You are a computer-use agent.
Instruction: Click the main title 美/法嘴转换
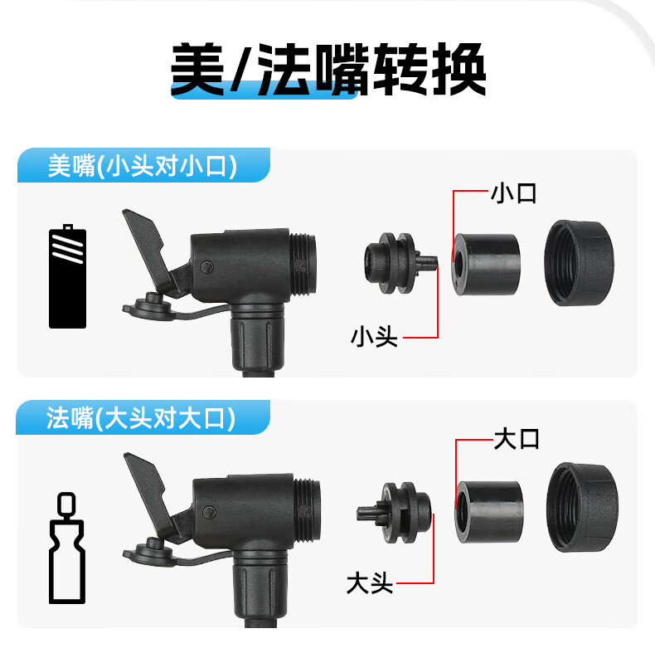click(x=328, y=70)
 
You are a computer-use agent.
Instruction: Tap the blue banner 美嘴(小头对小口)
click(x=143, y=166)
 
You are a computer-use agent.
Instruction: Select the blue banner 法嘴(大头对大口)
click(x=143, y=417)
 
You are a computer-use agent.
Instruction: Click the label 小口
click(x=513, y=193)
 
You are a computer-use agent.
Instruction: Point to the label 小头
click(x=374, y=337)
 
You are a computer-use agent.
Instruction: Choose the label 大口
click(x=517, y=439)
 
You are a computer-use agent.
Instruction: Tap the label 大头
click(x=370, y=583)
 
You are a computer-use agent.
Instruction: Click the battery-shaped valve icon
click(x=68, y=276)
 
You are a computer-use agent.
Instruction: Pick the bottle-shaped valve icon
click(x=67, y=548)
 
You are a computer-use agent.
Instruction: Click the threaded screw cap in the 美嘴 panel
click(x=579, y=263)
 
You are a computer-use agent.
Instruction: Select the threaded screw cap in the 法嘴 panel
click(x=582, y=507)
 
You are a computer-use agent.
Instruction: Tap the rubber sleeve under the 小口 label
click(x=487, y=264)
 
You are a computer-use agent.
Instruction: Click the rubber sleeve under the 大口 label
click(x=489, y=512)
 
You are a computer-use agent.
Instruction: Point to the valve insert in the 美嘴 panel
click(x=399, y=263)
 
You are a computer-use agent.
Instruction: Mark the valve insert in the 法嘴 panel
click(x=394, y=513)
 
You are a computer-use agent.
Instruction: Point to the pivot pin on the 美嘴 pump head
click(x=206, y=266)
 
